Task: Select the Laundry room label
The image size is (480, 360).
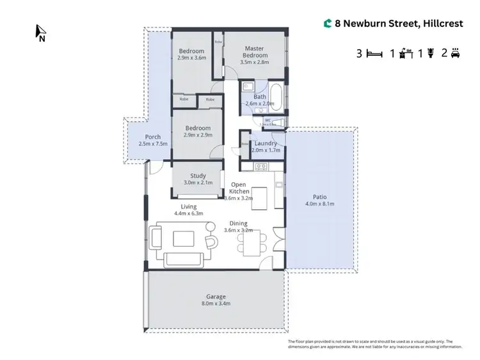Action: (264, 143)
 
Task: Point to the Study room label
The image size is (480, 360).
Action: (197, 176)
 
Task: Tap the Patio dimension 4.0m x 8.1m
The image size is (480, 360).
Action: (321, 204)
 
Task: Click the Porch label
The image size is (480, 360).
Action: (153, 137)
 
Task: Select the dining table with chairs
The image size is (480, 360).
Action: (252, 243)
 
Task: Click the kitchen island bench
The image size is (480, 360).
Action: (259, 194)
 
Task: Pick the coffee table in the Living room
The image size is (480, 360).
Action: (184, 238)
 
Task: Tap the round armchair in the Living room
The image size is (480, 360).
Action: (211, 240)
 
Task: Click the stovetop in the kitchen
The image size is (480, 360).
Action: (260, 167)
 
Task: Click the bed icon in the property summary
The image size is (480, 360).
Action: (373, 54)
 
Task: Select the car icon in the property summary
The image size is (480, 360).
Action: (456, 54)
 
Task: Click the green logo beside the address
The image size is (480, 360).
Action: (328, 24)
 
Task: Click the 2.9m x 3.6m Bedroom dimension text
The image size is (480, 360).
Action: (191, 58)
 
